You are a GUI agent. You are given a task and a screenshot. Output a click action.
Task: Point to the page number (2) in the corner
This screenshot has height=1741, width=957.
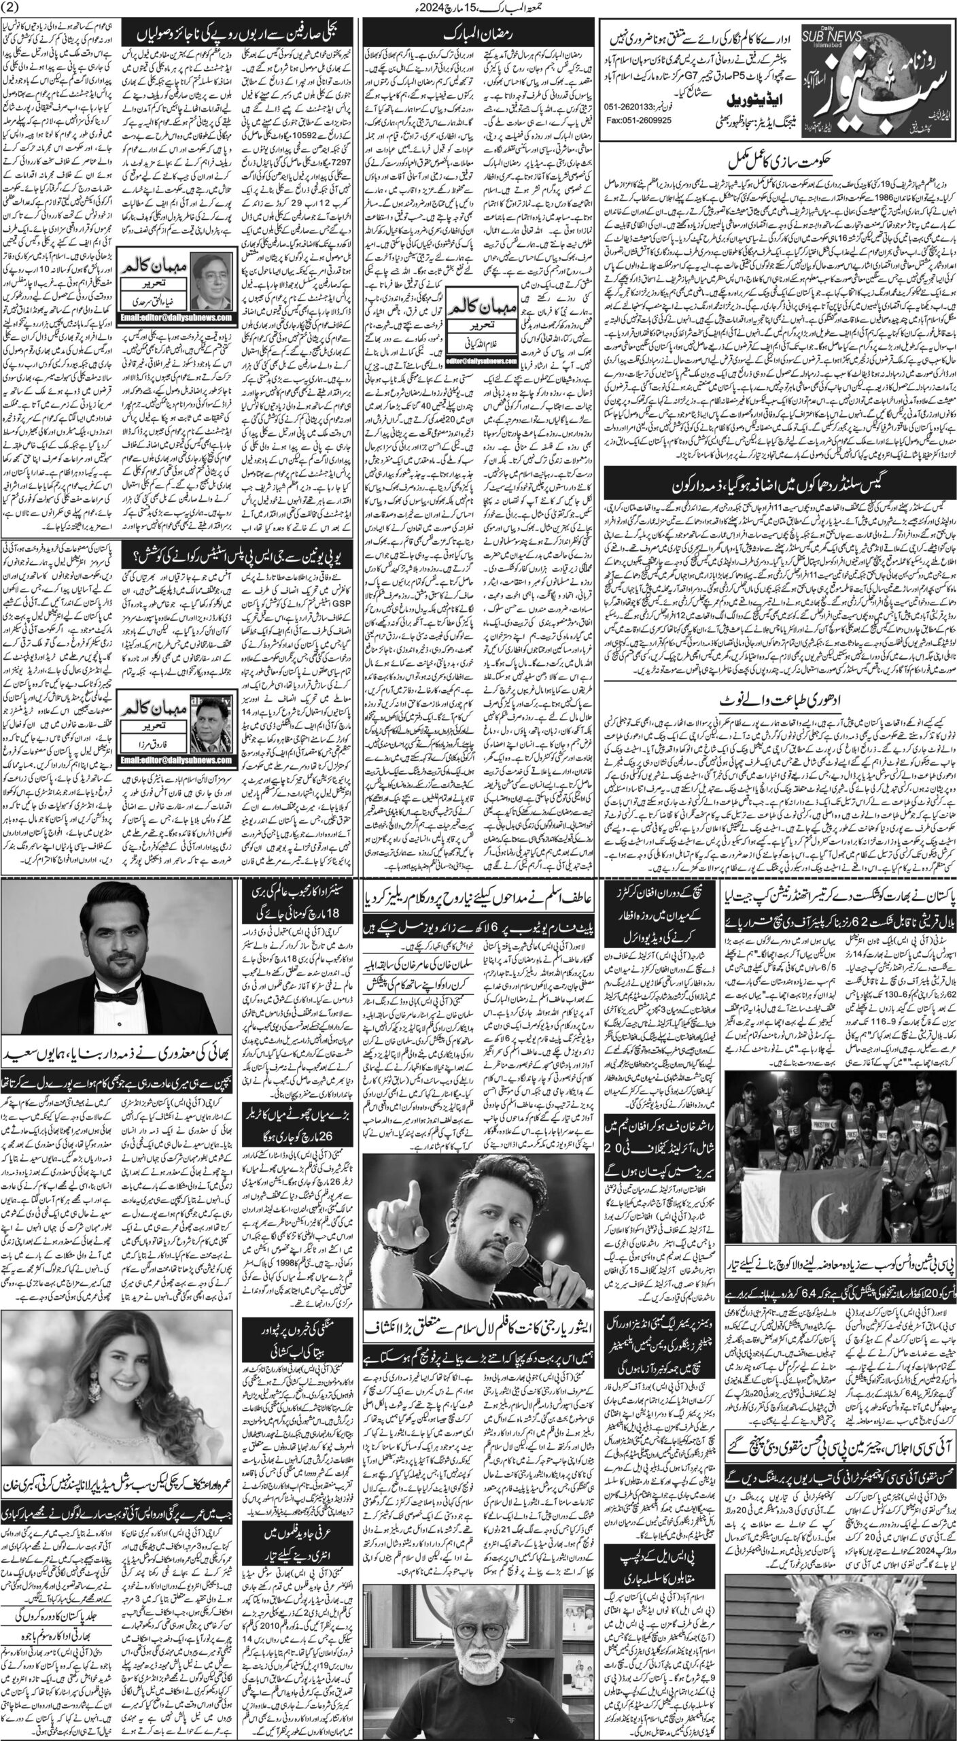[x=16, y=7]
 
